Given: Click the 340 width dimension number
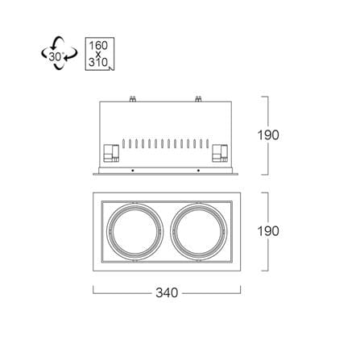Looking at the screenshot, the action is (x=167, y=292).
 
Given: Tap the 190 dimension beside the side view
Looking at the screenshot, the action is (x=268, y=135).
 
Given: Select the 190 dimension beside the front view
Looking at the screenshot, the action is (x=268, y=231).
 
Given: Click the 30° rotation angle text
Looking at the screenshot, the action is (x=56, y=56).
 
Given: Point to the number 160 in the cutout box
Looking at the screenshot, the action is (x=98, y=45).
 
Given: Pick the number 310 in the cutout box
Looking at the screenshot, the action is (x=98, y=62).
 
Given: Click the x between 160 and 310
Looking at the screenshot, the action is (x=98, y=54).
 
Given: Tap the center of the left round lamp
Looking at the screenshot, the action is (x=134, y=231).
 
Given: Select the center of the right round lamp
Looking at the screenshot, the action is (x=199, y=231).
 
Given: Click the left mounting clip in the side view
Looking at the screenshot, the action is (x=111, y=153).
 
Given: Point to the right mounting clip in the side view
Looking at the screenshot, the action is (x=220, y=153).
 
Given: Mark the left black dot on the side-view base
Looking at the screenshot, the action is (x=132, y=171).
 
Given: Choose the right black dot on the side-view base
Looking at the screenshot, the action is (x=198, y=171).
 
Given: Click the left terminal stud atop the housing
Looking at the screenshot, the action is (x=133, y=99).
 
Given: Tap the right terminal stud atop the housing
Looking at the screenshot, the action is (x=198, y=99).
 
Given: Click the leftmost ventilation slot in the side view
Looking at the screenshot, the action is (x=123, y=143).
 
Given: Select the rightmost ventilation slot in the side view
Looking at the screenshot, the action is (x=207, y=143).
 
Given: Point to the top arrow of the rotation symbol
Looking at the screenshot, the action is (x=57, y=43).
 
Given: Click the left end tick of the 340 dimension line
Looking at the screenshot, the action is (x=93, y=290).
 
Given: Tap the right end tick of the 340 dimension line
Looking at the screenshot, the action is (x=241, y=290).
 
